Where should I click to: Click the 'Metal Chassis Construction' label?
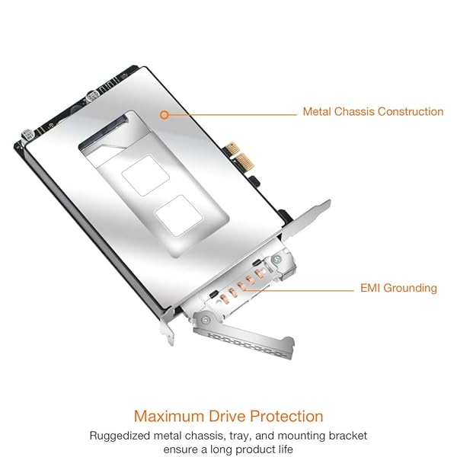[x=372, y=112]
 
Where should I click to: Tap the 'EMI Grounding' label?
[x=398, y=289]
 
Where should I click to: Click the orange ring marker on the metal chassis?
[x=164, y=115]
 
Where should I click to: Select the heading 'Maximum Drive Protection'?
[x=228, y=416]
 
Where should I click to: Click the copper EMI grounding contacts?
[x=240, y=286]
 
